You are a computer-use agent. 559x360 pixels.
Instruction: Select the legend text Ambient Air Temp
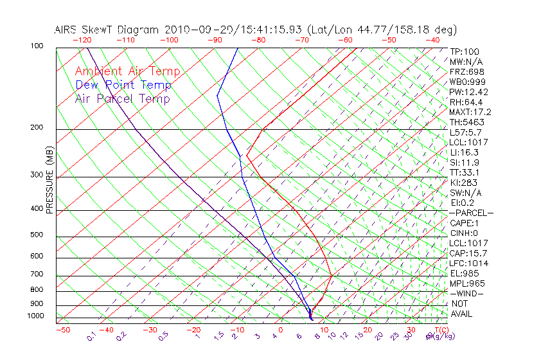tap(128, 71)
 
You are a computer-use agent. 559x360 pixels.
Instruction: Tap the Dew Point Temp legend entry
tap(123, 85)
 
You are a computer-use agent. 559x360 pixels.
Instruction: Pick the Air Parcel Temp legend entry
tap(122, 98)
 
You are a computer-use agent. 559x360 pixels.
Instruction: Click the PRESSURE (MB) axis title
tap(50, 180)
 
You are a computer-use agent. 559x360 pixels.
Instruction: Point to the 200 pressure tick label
tap(37, 127)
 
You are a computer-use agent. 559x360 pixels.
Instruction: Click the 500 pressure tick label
tap(37, 235)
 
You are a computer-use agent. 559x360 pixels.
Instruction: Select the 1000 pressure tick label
tap(35, 316)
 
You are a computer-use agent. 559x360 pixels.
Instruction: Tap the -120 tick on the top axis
tap(82, 40)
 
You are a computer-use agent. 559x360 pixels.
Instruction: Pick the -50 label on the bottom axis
tap(62, 330)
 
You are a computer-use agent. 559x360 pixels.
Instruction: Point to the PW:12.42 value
tap(469, 92)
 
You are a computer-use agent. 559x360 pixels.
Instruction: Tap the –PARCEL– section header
tap(472, 213)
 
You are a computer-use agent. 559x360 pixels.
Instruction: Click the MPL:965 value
tap(467, 283)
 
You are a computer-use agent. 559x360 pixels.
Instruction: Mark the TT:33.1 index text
tap(465, 172)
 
